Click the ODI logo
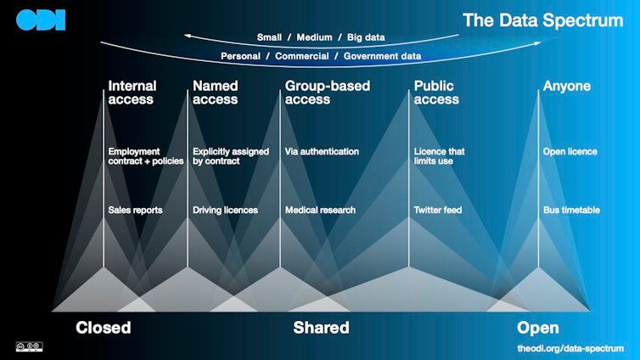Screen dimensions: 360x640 [x=41, y=21]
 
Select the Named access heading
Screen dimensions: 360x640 [x=216, y=93]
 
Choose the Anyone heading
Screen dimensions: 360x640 [x=567, y=86]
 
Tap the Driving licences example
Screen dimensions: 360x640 [x=225, y=210]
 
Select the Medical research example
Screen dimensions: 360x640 [x=320, y=210]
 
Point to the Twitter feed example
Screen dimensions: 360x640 [x=438, y=210]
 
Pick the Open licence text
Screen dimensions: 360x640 [x=570, y=152]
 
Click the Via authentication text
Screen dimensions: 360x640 [x=322, y=152]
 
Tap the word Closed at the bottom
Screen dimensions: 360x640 [x=104, y=328]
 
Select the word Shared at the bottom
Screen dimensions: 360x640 [x=321, y=328]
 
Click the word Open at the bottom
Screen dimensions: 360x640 [x=538, y=328]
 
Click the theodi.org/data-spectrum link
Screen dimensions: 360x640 [x=570, y=348]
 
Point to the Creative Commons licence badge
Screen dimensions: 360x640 [x=29, y=346]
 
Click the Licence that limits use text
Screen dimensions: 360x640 [x=440, y=156]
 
